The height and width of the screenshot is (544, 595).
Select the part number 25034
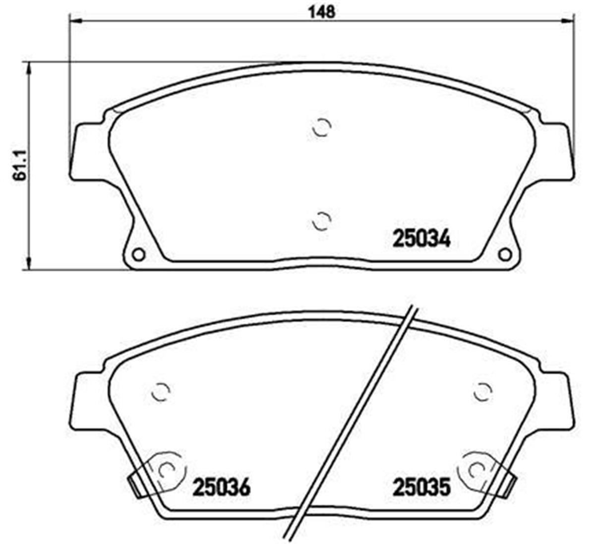[421, 240]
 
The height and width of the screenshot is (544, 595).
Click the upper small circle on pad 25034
[322, 127]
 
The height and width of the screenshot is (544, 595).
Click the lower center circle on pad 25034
[322, 221]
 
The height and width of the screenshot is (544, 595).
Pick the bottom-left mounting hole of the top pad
[139, 254]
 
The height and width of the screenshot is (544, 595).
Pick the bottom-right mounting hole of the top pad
[505, 254]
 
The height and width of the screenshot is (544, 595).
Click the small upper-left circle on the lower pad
[160, 393]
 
